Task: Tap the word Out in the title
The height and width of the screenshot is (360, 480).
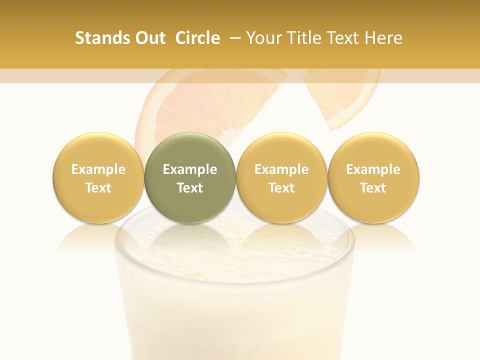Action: pos(149,38)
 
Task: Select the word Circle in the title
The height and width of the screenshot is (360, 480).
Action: pos(197,38)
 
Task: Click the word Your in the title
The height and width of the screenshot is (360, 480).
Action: pos(264,38)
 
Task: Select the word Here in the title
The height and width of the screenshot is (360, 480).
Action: pos(384,38)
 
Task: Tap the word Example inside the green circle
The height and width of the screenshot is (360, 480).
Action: pos(190,169)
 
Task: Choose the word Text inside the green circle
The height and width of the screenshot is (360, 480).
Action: pos(190,188)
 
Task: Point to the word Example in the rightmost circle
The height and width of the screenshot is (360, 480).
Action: pos(373,169)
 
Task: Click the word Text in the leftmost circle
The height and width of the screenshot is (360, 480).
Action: pos(98,188)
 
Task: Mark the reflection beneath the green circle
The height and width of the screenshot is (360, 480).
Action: pos(190,237)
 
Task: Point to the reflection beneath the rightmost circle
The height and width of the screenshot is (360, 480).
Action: pos(373,237)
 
